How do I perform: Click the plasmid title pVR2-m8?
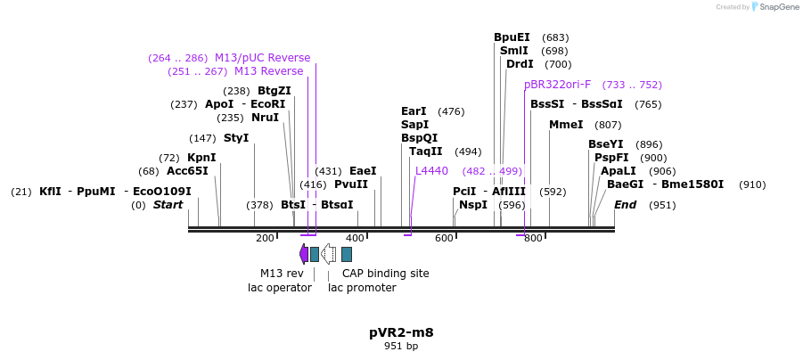tap(401, 332)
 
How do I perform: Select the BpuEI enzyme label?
tap(512, 37)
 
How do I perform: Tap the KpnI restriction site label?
tap(201, 158)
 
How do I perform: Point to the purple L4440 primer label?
tap(431, 171)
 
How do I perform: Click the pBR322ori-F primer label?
tap(557, 85)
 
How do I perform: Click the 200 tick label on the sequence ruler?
tap(265, 239)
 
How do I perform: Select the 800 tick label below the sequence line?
tap(533, 239)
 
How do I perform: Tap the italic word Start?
tap(168, 205)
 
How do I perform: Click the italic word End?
tap(626, 205)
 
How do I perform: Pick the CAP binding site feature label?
tap(385, 274)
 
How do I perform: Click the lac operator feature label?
tap(279, 288)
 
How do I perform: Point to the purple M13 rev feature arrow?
tap(304, 254)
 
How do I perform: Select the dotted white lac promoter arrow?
tap(328, 254)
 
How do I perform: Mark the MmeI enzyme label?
tap(566, 125)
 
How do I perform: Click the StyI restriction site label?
tap(236, 138)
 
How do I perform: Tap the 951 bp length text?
tap(401, 346)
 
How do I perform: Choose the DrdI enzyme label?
tap(520, 64)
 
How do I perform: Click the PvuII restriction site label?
tap(351, 184)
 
